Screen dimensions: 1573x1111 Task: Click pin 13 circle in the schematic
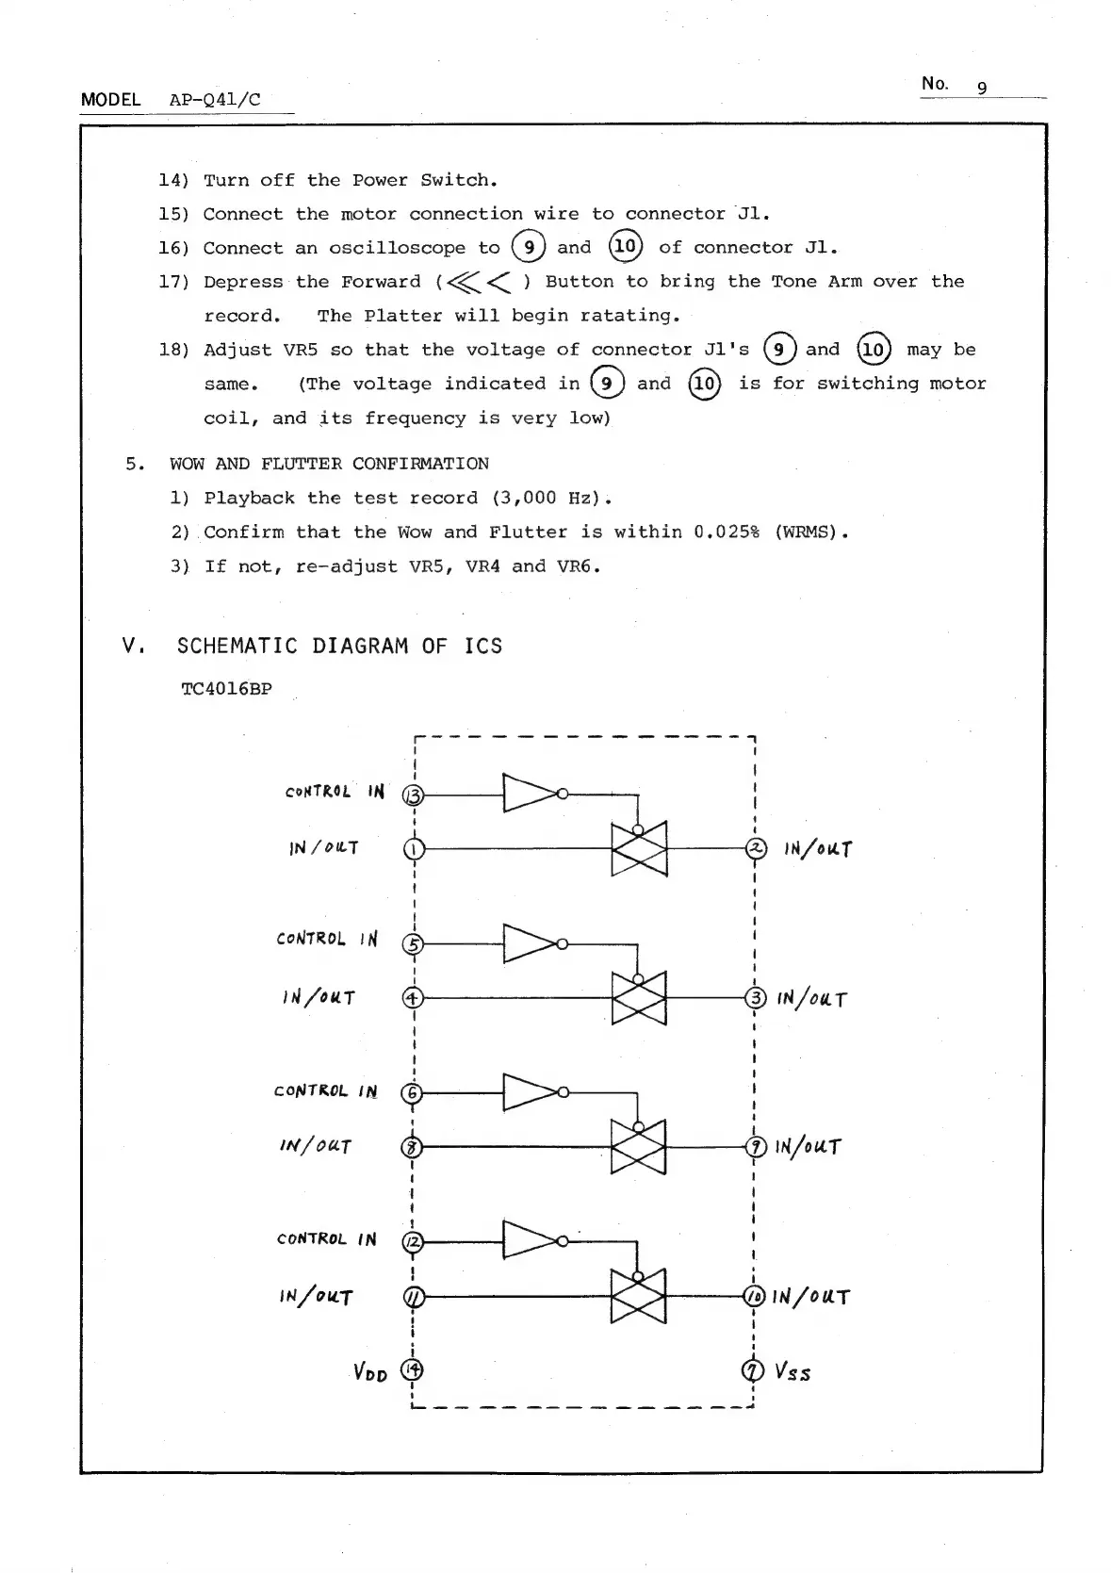(413, 795)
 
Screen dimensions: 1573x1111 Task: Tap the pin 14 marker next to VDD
(413, 1368)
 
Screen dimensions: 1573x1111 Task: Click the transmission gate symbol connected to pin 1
(639, 849)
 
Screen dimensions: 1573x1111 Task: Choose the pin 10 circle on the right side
(755, 1297)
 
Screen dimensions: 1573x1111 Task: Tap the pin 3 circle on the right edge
(756, 997)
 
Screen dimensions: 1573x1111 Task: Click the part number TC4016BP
(226, 689)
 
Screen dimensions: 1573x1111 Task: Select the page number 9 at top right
(982, 88)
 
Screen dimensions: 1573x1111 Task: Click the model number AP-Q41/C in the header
(215, 100)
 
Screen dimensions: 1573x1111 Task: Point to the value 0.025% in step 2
(727, 533)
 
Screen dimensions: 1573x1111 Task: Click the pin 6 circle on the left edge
(412, 1093)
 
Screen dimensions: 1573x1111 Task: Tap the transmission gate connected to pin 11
(639, 1297)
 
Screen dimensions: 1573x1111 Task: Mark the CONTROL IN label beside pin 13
(335, 792)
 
